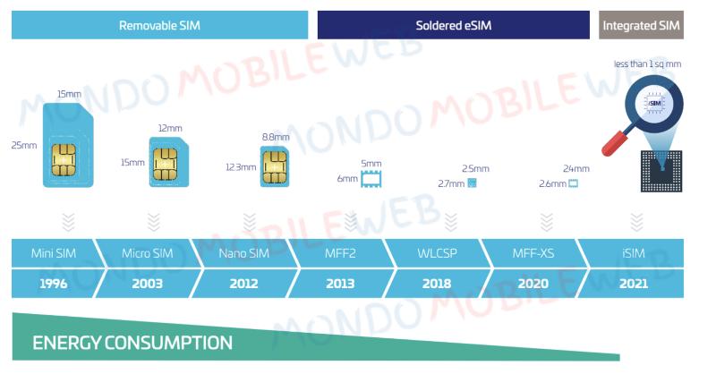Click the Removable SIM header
(x=159, y=25)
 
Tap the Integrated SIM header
(x=641, y=25)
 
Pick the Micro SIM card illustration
(x=166, y=159)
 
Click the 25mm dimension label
(x=23, y=145)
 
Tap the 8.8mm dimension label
(x=276, y=137)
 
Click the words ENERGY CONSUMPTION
(x=132, y=343)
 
